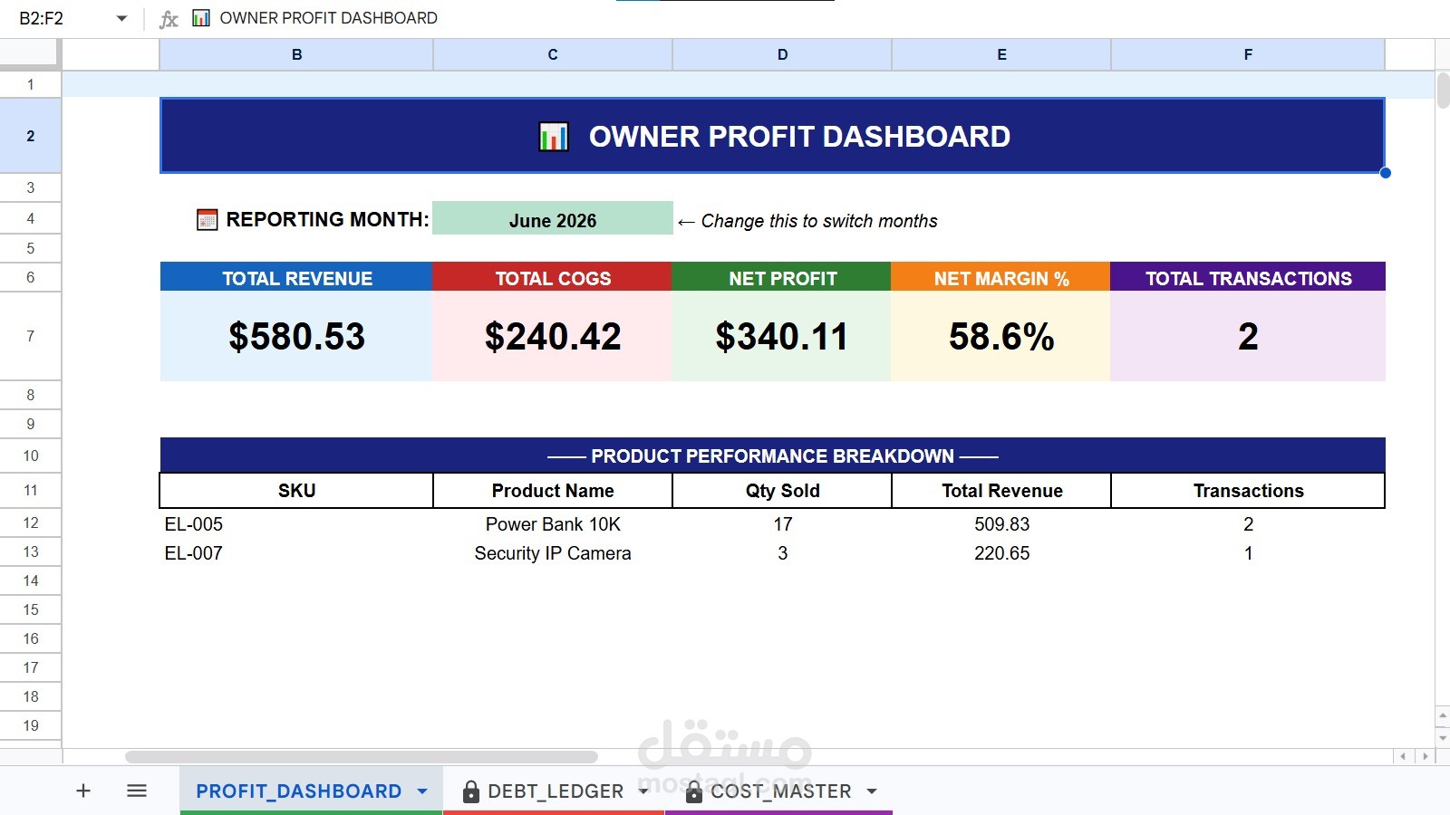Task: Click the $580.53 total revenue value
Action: point(296,336)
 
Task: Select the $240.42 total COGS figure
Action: point(553,336)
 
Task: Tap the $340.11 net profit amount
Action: point(781,336)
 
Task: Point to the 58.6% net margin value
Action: point(1001,336)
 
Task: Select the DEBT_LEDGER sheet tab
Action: point(555,791)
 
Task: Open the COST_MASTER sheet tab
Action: point(780,791)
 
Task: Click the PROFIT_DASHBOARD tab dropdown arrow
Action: point(422,791)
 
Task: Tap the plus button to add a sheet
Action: point(82,791)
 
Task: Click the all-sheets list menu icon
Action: point(137,791)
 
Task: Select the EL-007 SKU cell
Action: point(194,553)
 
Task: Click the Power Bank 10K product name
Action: point(553,524)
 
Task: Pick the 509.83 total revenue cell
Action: point(1001,524)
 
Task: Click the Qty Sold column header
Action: point(783,490)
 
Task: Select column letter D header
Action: point(783,54)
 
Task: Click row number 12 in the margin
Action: point(31,523)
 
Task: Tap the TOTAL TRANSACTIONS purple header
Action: point(1248,278)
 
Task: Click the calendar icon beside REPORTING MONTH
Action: point(208,220)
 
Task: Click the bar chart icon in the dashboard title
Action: point(554,137)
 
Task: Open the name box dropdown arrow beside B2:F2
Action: point(121,18)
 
